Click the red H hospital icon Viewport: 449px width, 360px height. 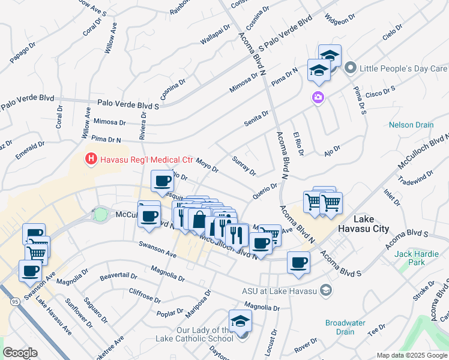click(x=91, y=160)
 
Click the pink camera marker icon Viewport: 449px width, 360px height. click(x=318, y=97)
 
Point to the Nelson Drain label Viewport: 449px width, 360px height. click(x=411, y=125)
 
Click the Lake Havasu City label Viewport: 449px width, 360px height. click(x=371, y=224)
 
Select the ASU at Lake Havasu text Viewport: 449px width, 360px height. click(x=279, y=291)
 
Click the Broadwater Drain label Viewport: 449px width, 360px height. click(x=345, y=327)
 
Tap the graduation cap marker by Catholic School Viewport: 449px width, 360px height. click(x=240, y=320)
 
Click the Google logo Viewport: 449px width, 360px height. click(x=20, y=353)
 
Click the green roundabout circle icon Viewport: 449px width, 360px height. click(x=100, y=214)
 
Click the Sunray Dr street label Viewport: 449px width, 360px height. click(x=244, y=166)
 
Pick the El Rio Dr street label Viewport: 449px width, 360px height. click(x=296, y=143)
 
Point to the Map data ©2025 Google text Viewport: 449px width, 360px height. click(x=411, y=355)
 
